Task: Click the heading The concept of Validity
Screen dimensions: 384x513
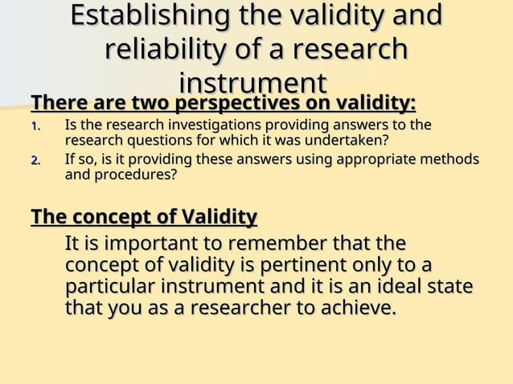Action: (x=144, y=218)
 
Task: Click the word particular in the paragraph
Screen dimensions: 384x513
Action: (x=110, y=287)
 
